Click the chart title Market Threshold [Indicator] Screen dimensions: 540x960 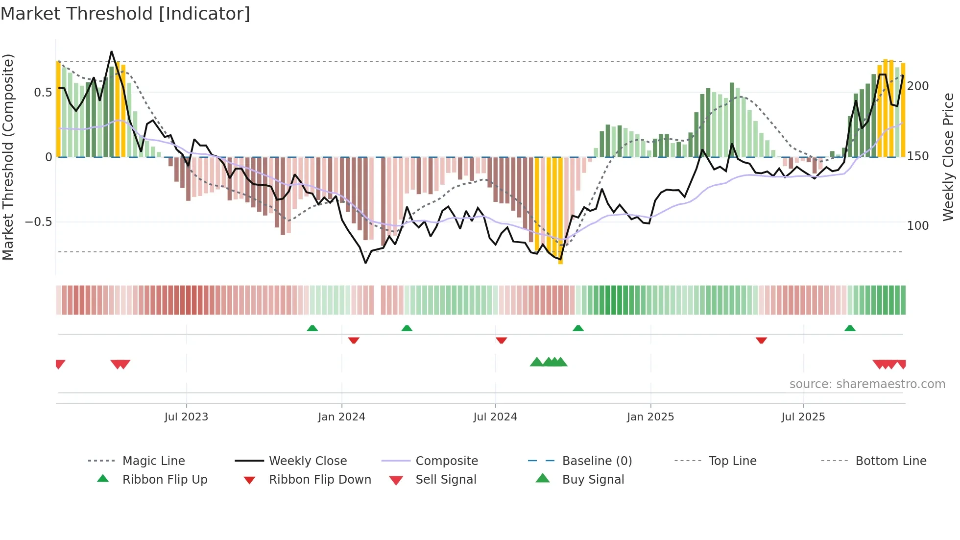coord(125,14)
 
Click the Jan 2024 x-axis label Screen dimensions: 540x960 coord(341,417)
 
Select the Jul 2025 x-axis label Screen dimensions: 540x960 coord(803,417)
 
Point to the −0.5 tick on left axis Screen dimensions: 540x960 coord(38,222)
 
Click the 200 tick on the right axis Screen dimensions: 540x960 coord(918,86)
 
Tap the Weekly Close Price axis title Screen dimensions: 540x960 coord(948,157)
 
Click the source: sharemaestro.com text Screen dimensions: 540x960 coord(867,384)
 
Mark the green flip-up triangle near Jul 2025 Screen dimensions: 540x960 coord(850,328)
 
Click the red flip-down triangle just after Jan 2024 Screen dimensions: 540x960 coord(354,340)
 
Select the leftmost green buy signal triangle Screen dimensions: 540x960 coord(536,362)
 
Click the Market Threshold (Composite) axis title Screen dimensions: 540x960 coord(8,157)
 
